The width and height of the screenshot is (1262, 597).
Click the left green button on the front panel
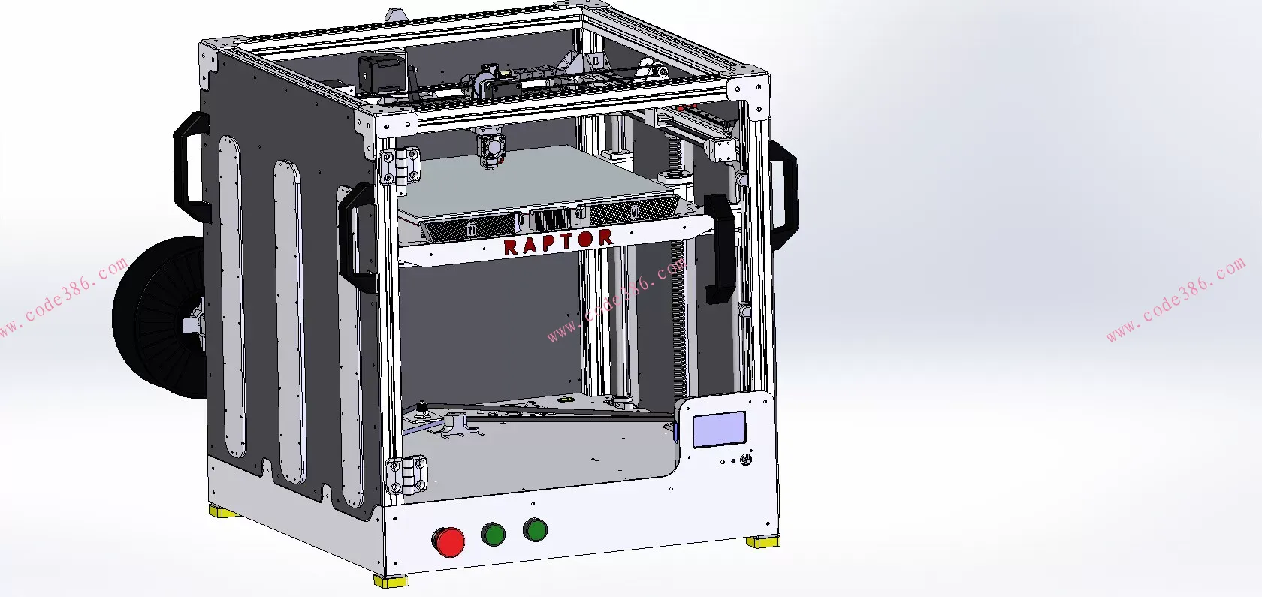pyautogui.click(x=493, y=534)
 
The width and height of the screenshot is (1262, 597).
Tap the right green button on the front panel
pyautogui.click(x=535, y=530)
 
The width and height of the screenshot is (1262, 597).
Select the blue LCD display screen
pyautogui.click(x=719, y=430)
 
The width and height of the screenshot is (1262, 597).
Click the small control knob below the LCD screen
pyautogui.click(x=745, y=460)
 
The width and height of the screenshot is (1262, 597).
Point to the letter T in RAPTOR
pyautogui.click(x=567, y=241)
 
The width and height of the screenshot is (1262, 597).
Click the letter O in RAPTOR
pyautogui.click(x=587, y=239)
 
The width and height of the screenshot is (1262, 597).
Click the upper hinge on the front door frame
pyautogui.click(x=401, y=165)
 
